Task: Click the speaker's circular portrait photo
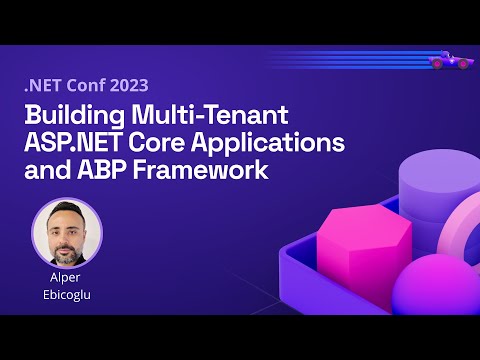(x=67, y=232)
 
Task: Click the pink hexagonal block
(x=351, y=240)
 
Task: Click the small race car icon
(x=451, y=61)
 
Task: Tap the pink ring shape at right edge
(x=466, y=240)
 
